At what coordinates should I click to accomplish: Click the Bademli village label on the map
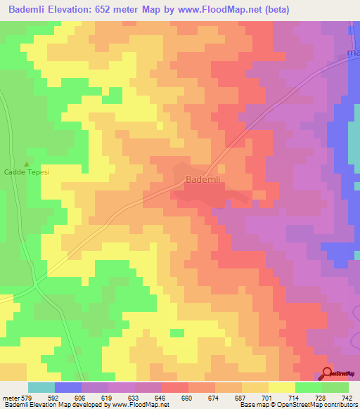pos(204,181)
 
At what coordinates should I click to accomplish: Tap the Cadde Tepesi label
pos(27,171)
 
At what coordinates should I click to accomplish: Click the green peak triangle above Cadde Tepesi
pos(27,164)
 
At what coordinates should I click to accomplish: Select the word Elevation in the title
pos(87,11)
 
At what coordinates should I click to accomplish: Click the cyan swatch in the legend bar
pos(41,387)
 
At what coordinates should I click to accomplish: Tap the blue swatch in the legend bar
pos(67,387)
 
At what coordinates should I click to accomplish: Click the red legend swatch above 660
pos(174,387)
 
